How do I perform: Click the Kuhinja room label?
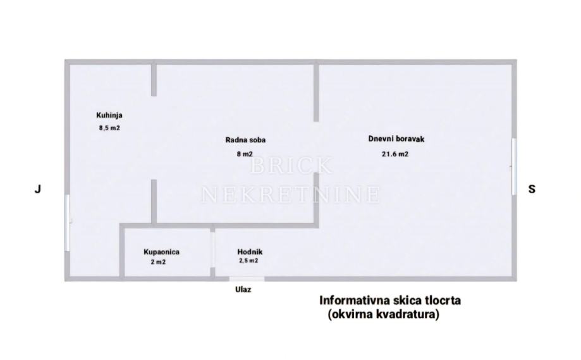click(109, 115)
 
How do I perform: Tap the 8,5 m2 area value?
click(109, 128)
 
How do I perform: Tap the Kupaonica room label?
click(161, 252)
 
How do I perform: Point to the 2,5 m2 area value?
click(248, 261)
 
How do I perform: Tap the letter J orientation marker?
click(38, 189)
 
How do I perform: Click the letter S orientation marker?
click(532, 189)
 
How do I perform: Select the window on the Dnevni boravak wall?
click(514, 166)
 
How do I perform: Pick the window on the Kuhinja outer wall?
click(67, 223)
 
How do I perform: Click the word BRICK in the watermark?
click(291, 166)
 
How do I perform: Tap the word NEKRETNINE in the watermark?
click(291, 194)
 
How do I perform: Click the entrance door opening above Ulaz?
click(247, 278)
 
